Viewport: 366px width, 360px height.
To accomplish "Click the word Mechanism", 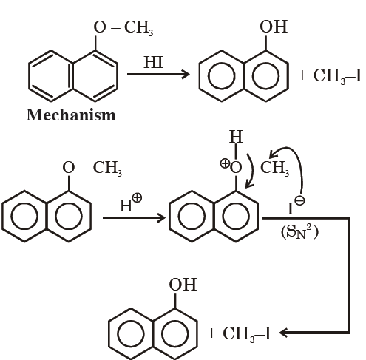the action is [71, 115].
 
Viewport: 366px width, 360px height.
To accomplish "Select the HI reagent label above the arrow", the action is [154, 62].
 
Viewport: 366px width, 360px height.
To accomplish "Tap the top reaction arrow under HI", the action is [158, 74].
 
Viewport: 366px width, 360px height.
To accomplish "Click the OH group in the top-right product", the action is [274, 27].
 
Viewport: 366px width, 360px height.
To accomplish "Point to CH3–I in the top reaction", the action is [337, 76].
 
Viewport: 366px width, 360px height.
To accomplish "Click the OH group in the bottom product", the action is [183, 285].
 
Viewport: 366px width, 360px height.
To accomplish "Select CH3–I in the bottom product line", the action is [247, 334].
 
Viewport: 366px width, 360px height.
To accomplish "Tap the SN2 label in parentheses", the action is [299, 232].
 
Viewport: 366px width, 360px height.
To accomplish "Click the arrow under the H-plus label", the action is [134, 218].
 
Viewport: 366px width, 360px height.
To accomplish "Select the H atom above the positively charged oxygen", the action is [236, 136].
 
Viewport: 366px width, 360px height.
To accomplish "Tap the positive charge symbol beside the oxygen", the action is [225, 163].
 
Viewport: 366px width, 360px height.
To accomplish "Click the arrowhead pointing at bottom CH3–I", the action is [283, 333].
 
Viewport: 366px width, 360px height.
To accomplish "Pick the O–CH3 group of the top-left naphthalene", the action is [123, 27].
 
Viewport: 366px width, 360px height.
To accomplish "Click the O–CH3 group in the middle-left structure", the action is [92, 168].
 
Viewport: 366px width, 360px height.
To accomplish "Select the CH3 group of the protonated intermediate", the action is [275, 168].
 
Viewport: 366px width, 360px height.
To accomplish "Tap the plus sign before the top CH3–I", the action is [302, 75].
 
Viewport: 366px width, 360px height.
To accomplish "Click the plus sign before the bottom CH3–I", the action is [211, 333].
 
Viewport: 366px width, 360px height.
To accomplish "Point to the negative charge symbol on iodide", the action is [300, 200].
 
